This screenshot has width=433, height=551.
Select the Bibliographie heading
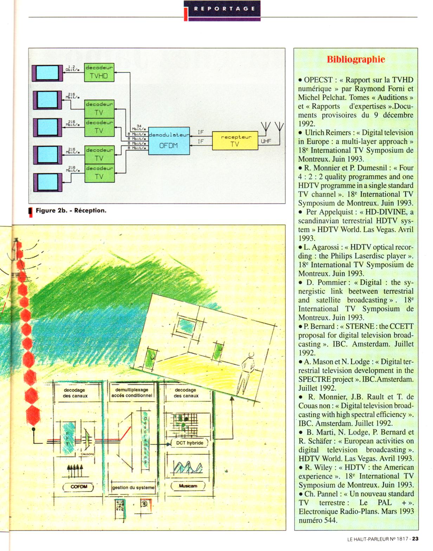[356, 59]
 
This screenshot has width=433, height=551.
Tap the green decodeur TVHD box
[99, 72]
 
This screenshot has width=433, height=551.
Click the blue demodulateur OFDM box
[169, 141]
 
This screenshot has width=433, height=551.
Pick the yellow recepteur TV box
[235, 141]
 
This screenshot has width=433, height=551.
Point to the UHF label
[266, 141]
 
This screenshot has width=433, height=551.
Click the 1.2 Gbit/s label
[71, 68]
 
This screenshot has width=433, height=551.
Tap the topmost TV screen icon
[46, 73]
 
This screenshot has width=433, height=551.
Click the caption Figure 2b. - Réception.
[71, 210]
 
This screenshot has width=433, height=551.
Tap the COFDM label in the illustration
[78, 487]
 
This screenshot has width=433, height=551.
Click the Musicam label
[188, 486]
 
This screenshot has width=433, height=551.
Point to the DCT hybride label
[189, 443]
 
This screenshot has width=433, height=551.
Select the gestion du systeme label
[133, 487]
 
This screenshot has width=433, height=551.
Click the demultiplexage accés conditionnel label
[132, 393]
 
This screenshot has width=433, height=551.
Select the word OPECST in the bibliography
[318, 80]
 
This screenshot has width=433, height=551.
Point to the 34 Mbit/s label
[139, 127]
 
